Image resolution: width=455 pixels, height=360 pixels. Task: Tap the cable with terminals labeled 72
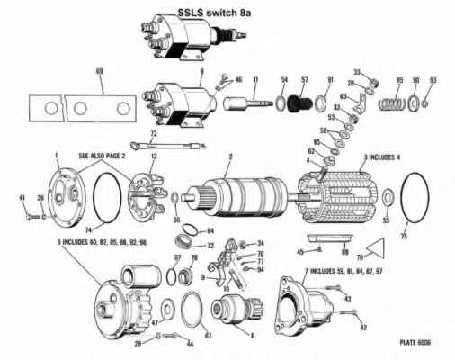click(x=156, y=143)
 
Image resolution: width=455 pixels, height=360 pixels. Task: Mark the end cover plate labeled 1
click(x=65, y=193)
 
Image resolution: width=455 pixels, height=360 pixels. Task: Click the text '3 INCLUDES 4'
click(x=382, y=157)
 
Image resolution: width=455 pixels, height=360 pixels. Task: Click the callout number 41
click(x=22, y=197)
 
